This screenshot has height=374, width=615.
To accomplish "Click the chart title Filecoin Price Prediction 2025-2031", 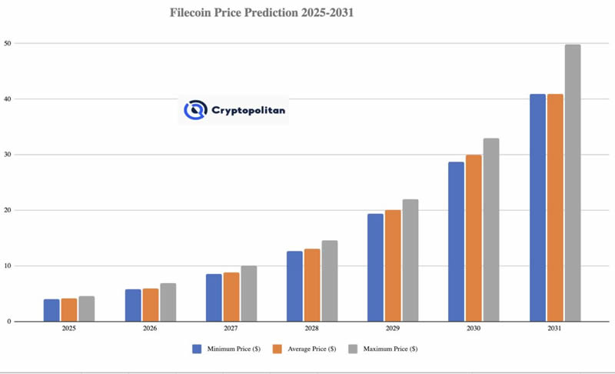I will pyautogui.click(x=261, y=13).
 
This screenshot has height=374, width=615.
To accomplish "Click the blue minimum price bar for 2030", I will pyautogui.click(x=457, y=242).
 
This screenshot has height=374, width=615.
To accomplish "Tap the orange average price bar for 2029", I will pyautogui.click(x=393, y=265).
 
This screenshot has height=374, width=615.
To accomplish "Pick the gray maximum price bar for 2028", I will pyautogui.click(x=329, y=281).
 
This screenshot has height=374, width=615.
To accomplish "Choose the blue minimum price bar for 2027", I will pyautogui.click(x=214, y=298).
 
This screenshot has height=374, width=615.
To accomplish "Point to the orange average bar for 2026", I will pyautogui.click(x=150, y=305).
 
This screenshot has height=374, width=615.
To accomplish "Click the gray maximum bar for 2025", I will pyautogui.click(x=86, y=309).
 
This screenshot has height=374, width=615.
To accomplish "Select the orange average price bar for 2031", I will pyautogui.click(x=555, y=208).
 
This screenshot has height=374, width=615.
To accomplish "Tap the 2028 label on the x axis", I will pyautogui.click(x=311, y=329).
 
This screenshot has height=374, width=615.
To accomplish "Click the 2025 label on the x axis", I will pyautogui.click(x=69, y=329).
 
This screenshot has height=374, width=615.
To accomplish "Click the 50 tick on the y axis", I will pyautogui.click(x=7, y=43).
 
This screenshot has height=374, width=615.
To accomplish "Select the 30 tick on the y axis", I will pyautogui.click(x=7, y=155).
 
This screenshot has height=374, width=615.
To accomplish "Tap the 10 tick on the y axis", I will pyautogui.click(x=7, y=266).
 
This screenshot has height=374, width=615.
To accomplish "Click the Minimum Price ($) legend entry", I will pyautogui.click(x=226, y=349).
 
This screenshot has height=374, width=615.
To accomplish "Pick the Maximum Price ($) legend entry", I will pyautogui.click(x=384, y=349).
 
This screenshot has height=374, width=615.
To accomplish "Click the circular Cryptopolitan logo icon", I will pyautogui.click(x=195, y=110).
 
